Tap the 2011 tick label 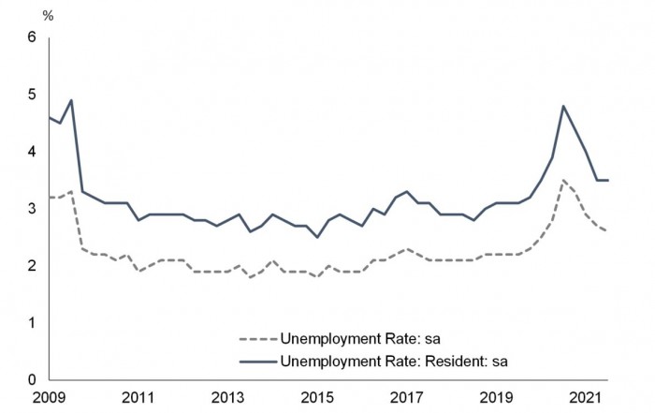[x=138, y=397]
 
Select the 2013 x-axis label [x=227, y=397]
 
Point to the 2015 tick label [x=317, y=397]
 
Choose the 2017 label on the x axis [x=407, y=397]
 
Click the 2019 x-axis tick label [x=497, y=397]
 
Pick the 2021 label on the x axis [x=587, y=397]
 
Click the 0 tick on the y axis [x=30, y=380]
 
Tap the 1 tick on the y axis [x=30, y=323]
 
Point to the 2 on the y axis [x=30, y=266]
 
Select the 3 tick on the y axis [x=30, y=209]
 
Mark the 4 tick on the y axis [x=30, y=152]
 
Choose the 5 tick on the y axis [x=30, y=95]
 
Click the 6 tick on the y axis [x=30, y=37]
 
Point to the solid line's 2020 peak [x=564, y=106]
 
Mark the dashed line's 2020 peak [x=564, y=180]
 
